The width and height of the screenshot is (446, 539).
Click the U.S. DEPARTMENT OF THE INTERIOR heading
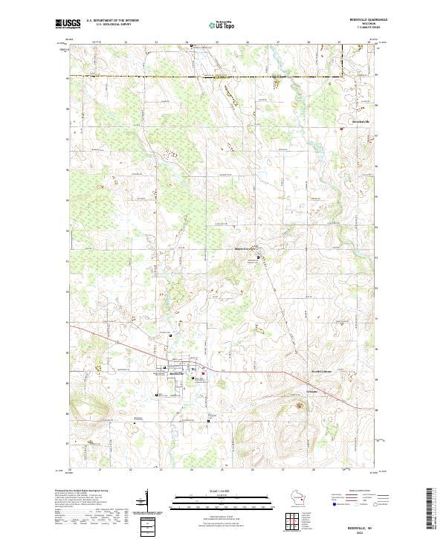(x=112, y=20)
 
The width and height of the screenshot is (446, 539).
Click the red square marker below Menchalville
(x=342, y=129)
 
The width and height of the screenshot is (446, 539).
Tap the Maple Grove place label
(x=245, y=248)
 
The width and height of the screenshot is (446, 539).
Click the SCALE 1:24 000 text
(x=222, y=490)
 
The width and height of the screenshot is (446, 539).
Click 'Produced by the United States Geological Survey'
(x=81, y=491)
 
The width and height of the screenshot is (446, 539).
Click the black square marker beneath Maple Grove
(x=258, y=258)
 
